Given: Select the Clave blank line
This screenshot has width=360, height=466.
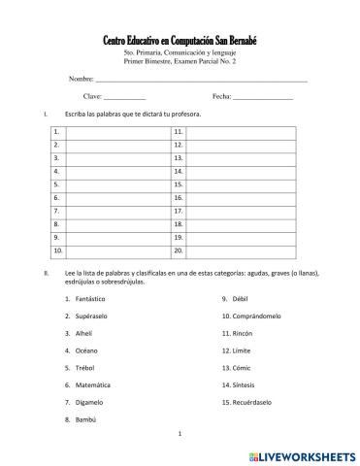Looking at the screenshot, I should pyautogui.click(x=124, y=98).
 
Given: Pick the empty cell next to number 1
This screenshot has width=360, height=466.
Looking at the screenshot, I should pyautogui.click(x=117, y=130).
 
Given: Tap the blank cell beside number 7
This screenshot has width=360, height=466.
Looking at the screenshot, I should pyautogui.click(x=117, y=210).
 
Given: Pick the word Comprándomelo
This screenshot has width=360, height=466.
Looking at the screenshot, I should pyautogui.click(x=257, y=316).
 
